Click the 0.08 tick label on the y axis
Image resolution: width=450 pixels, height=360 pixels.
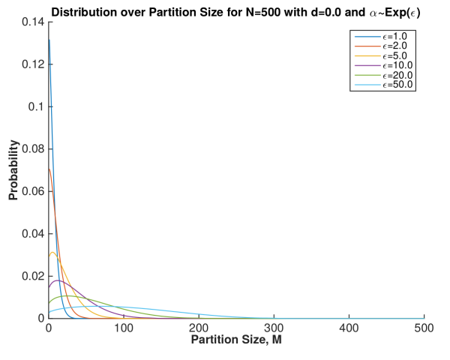point(32,148)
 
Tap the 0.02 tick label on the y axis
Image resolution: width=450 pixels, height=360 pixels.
point(32,276)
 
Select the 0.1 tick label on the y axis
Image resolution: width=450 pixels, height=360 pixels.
point(36,106)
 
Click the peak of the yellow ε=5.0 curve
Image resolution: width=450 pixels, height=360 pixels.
point(52,252)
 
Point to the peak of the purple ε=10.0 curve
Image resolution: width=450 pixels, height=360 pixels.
point(58,280)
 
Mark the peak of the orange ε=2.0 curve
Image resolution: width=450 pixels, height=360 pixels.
point(49,169)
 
